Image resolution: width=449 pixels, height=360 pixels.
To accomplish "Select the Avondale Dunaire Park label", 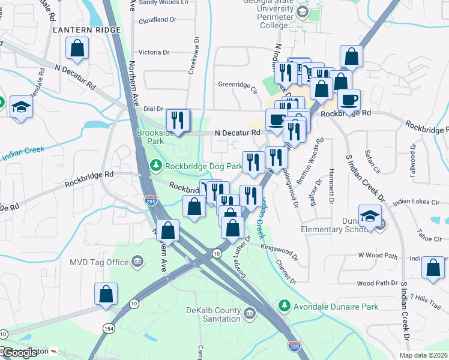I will click(336, 307).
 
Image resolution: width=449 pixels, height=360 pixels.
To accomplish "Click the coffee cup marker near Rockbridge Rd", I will click(349, 100).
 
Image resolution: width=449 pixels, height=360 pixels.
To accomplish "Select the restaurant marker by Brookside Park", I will click(178, 119).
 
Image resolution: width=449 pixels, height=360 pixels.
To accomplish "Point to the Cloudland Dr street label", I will click(157, 20).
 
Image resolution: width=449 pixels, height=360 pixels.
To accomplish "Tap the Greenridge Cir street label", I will click(237, 85).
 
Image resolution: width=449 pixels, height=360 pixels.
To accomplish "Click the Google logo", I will click(20, 353).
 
